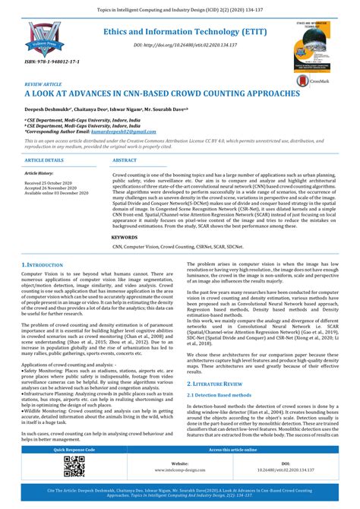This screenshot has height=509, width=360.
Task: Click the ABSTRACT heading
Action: (125, 160)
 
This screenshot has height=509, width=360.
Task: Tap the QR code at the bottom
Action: (74, 466)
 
